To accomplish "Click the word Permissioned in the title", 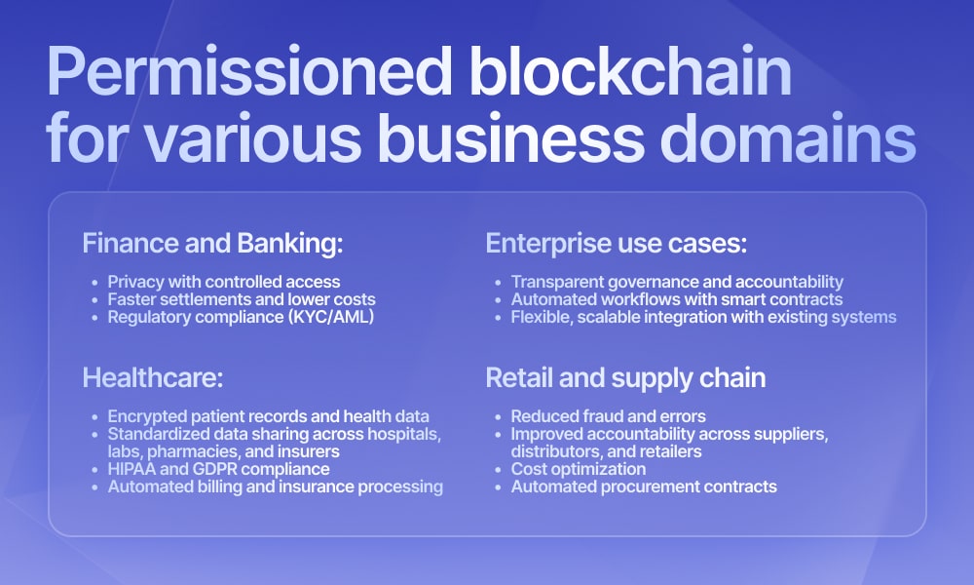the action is [x=249, y=71].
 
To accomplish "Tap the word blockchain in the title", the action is [x=630, y=69].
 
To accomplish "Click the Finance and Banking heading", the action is [x=212, y=243].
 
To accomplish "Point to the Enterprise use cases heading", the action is [x=617, y=243].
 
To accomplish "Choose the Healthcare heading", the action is [x=153, y=377].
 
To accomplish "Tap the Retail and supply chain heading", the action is [x=625, y=378].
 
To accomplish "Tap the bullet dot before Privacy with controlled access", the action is [x=95, y=283].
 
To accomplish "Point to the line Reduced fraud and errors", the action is [x=608, y=416].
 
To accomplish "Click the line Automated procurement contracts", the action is [x=644, y=487].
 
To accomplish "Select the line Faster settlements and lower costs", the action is [x=242, y=299].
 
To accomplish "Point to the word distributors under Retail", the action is [x=556, y=451].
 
